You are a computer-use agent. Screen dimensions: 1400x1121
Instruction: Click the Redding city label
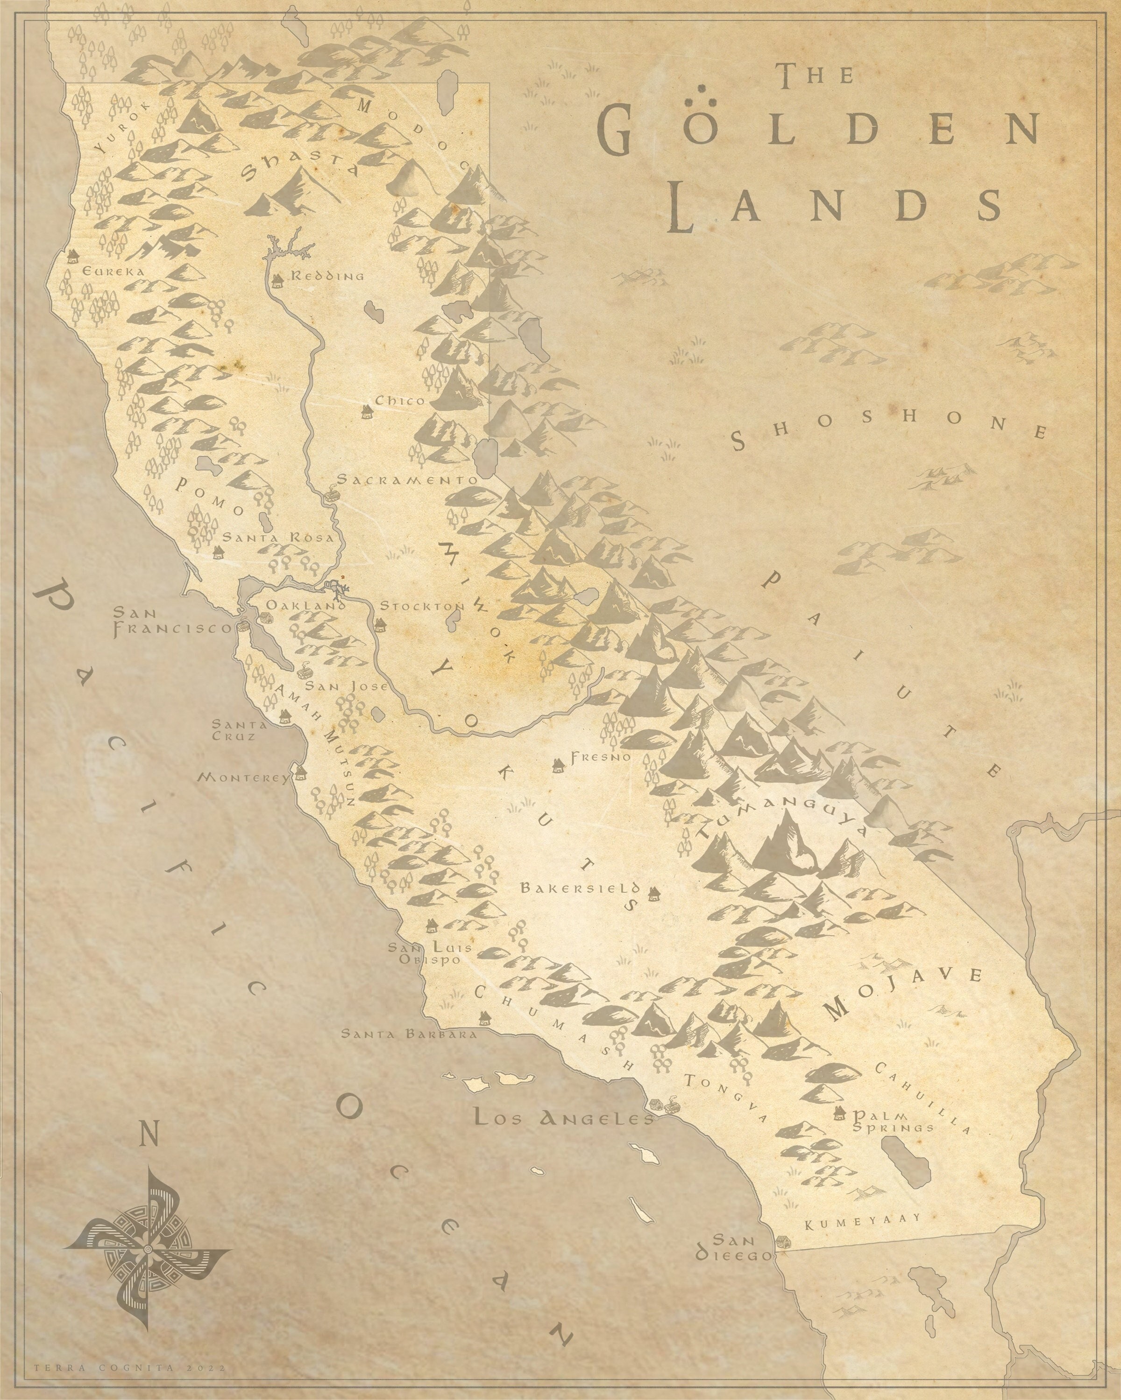coord(327,276)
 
